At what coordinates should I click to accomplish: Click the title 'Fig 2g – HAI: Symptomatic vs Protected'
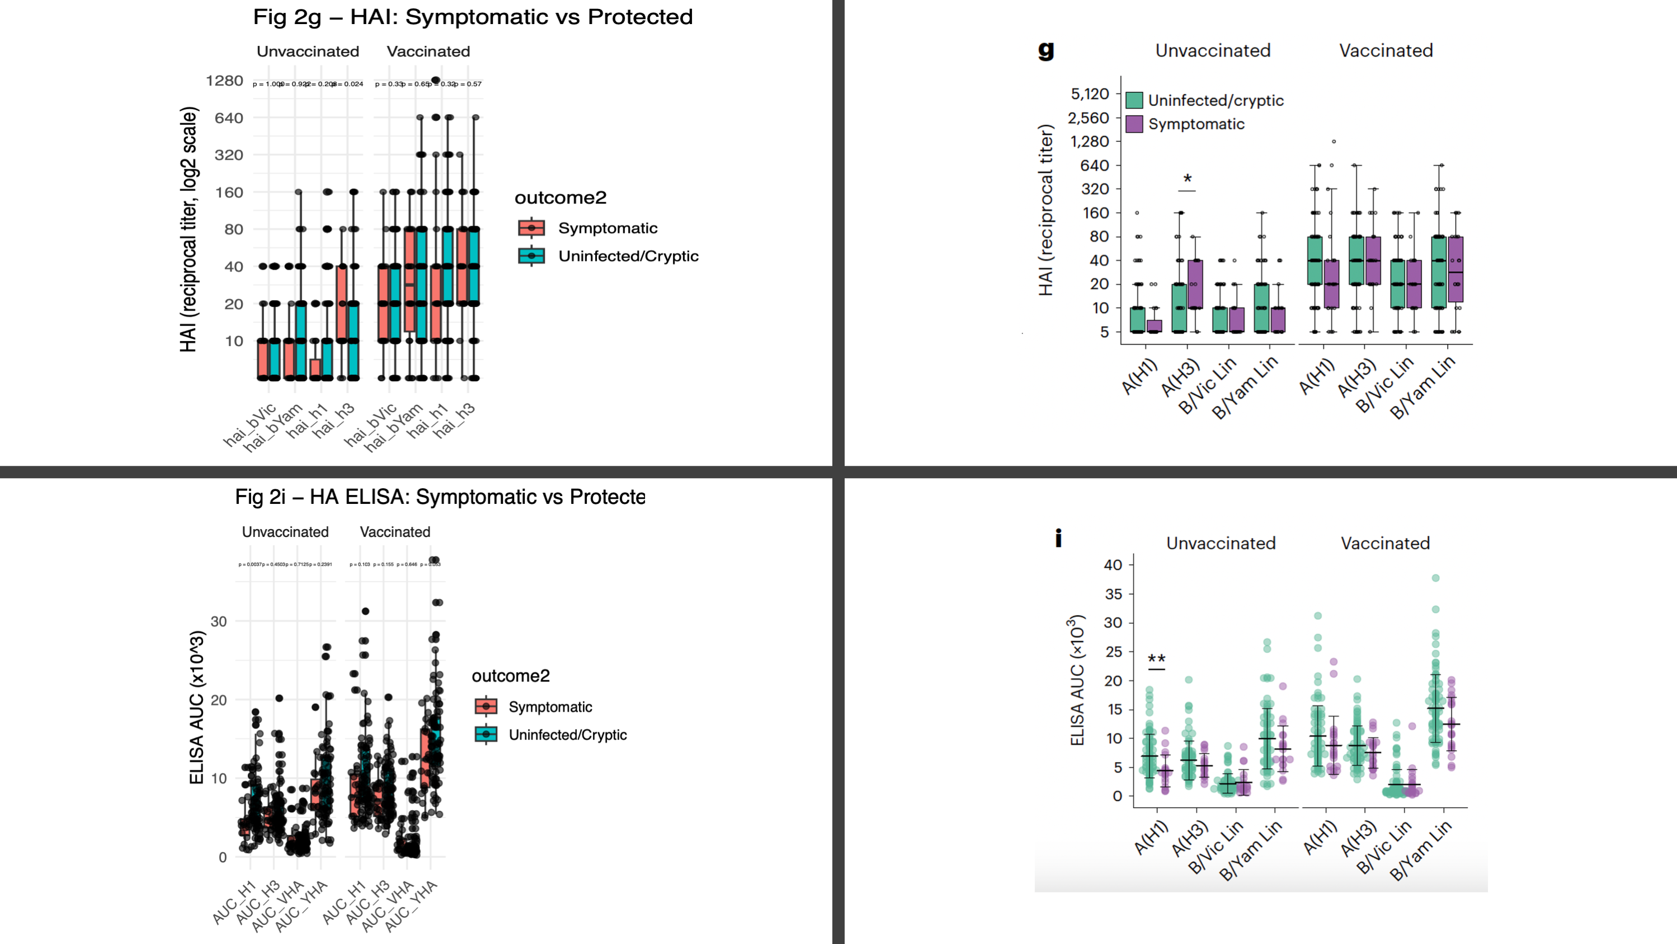coord(473,17)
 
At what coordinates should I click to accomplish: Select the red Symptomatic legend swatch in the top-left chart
coord(531,228)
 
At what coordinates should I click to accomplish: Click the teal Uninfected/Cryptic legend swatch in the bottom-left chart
coord(486,734)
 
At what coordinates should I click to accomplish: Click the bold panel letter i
coord(1058,538)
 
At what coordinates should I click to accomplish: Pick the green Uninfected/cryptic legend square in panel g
coord(1134,100)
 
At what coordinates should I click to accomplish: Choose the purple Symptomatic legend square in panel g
coord(1134,124)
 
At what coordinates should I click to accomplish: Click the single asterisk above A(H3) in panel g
coord(1188,179)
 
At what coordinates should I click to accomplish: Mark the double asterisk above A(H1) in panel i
coord(1156,658)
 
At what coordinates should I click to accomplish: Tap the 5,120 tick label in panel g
coord(1090,94)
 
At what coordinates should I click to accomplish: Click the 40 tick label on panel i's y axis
coord(1113,565)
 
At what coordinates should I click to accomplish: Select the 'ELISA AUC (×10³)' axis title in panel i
coord(1077,680)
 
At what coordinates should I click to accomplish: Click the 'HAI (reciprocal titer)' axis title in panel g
coord(1045,210)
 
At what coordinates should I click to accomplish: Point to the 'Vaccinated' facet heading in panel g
coord(1386,51)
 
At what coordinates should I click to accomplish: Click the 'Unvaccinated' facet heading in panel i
coord(1221,543)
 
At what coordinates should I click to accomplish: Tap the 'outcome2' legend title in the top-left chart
coord(560,198)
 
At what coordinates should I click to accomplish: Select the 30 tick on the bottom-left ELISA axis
coord(219,621)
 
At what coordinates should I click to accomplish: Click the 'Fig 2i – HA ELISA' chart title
coord(440,497)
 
